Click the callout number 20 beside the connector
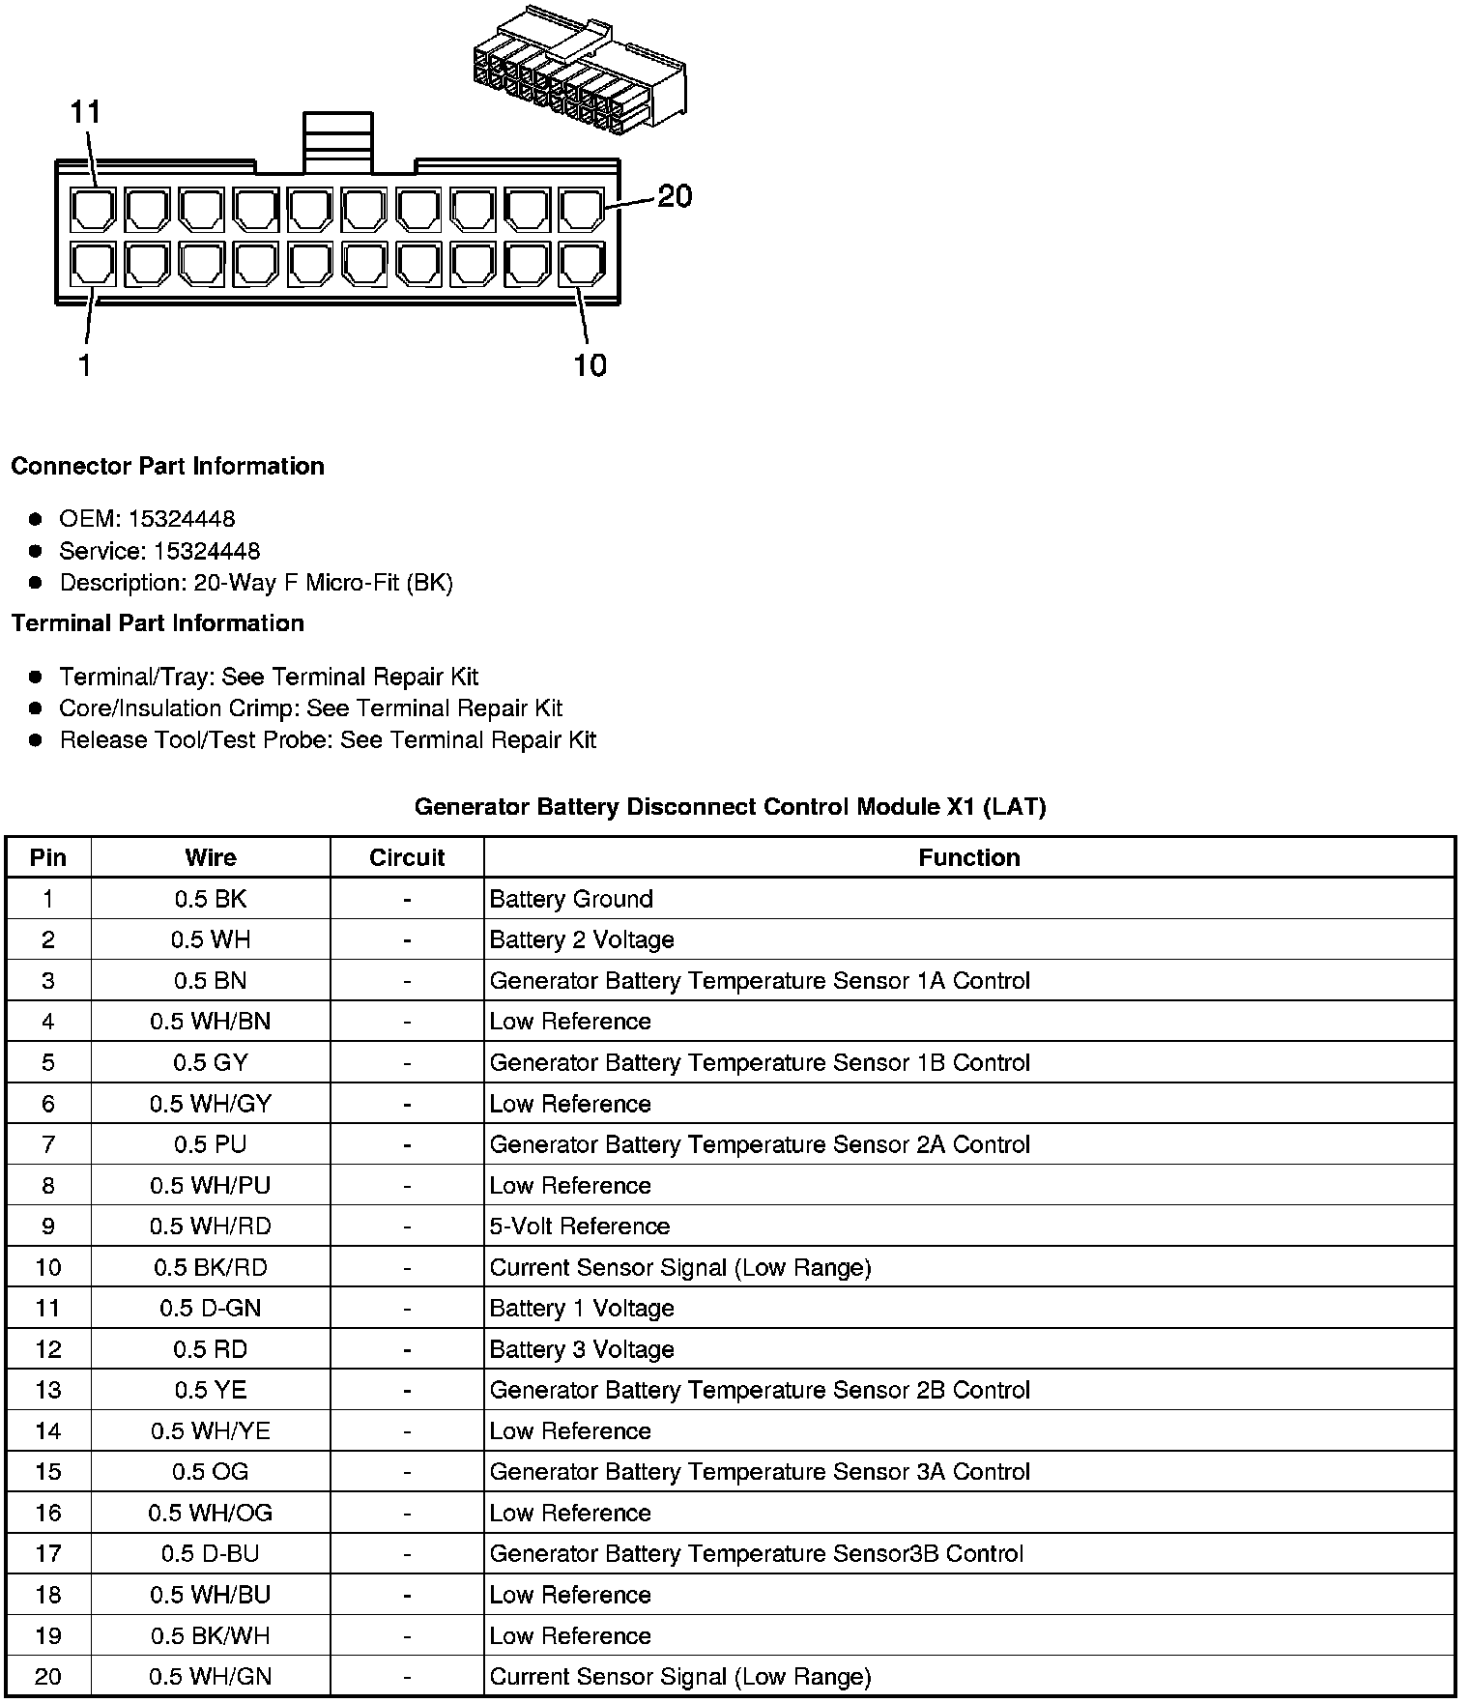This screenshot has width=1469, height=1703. tap(675, 196)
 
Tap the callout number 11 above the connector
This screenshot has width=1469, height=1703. tap(85, 112)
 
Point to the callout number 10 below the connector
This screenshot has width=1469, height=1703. tap(590, 365)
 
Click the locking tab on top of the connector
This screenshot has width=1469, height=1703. tap(337, 142)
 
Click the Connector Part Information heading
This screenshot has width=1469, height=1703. tap(167, 466)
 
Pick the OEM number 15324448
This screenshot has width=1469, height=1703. tap(181, 519)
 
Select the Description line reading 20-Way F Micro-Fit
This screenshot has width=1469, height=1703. tap(256, 583)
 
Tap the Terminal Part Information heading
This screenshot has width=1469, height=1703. tap(158, 623)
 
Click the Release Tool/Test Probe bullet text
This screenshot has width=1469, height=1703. tap(328, 740)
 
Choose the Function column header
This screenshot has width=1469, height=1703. tap(968, 857)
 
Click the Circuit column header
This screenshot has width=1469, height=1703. tap(407, 857)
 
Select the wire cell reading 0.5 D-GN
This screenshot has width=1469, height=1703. tap(211, 1308)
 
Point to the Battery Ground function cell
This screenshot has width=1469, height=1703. tap(571, 899)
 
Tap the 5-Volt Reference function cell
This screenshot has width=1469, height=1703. tap(580, 1227)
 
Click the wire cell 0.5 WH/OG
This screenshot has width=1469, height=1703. tap(211, 1513)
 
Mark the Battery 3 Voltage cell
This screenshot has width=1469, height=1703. tap(582, 1349)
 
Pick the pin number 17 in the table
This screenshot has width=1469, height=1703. tap(48, 1553)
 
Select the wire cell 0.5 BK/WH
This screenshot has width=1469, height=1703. tap(211, 1635)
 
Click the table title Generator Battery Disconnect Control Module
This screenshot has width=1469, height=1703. tap(730, 806)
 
